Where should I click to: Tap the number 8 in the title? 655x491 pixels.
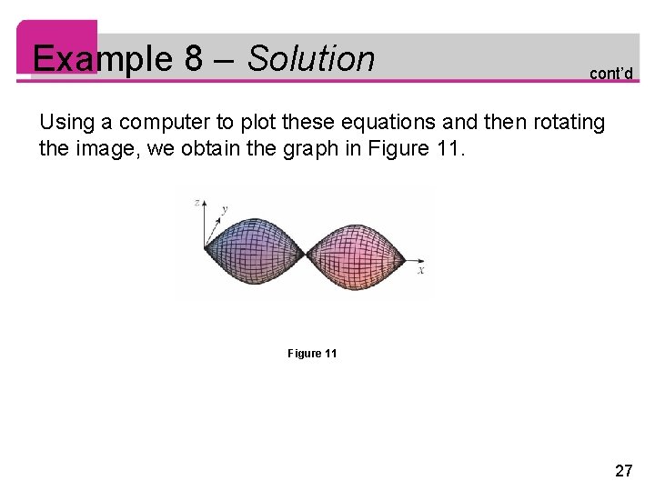(x=193, y=59)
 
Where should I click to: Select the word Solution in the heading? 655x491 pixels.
(x=311, y=59)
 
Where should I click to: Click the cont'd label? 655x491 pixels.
(x=610, y=73)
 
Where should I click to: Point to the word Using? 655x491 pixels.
(x=66, y=122)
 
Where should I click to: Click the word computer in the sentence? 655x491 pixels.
(x=159, y=122)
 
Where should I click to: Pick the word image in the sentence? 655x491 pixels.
(x=99, y=147)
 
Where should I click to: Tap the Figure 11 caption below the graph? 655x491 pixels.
(x=312, y=353)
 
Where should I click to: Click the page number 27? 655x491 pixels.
(x=623, y=470)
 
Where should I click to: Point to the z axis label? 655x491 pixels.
(x=196, y=203)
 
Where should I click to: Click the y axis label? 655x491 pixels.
(x=225, y=209)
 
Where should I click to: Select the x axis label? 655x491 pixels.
(x=421, y=270)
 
